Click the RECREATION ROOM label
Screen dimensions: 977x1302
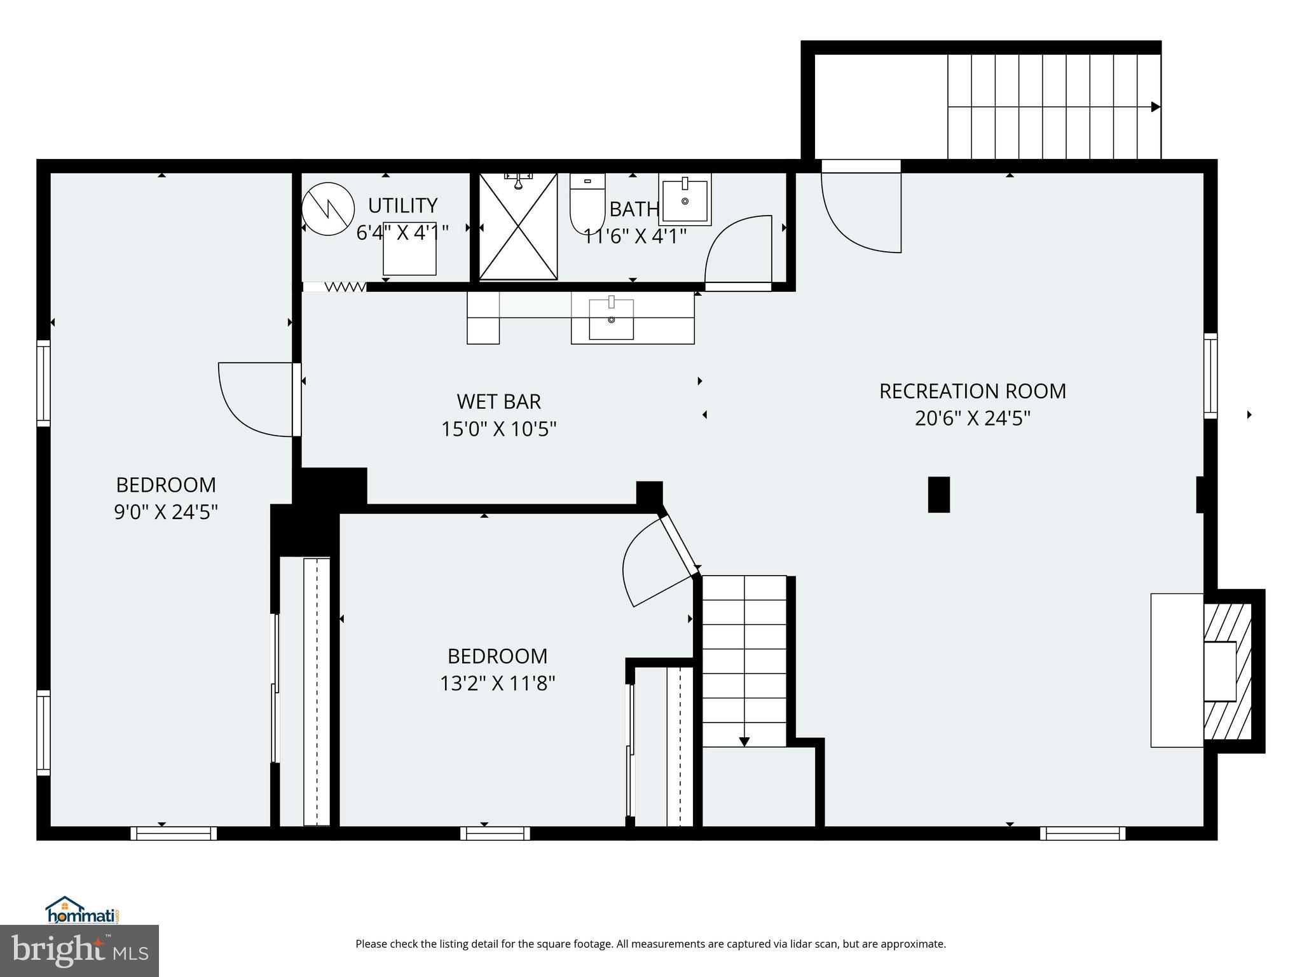coord(972,391)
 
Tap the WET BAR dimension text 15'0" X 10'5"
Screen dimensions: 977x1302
coord(499,429)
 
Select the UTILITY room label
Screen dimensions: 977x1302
coord(402,205)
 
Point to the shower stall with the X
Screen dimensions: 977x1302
coord(518,226)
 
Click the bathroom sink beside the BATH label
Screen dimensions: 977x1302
coord(685,199)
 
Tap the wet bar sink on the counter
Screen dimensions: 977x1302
coord(611,319)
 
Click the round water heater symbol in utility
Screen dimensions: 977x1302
coord(328,209)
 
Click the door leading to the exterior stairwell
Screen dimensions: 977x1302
coord(861,210)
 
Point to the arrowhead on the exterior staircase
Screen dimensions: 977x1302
coord(1155,107)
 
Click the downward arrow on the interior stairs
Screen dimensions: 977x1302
coord(744,741)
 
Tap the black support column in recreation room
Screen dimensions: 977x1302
coord(938,494)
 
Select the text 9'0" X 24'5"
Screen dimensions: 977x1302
coord(166,512)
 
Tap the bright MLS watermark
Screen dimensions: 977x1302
coord(79,951)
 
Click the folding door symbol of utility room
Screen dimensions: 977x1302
coord(345,287)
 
